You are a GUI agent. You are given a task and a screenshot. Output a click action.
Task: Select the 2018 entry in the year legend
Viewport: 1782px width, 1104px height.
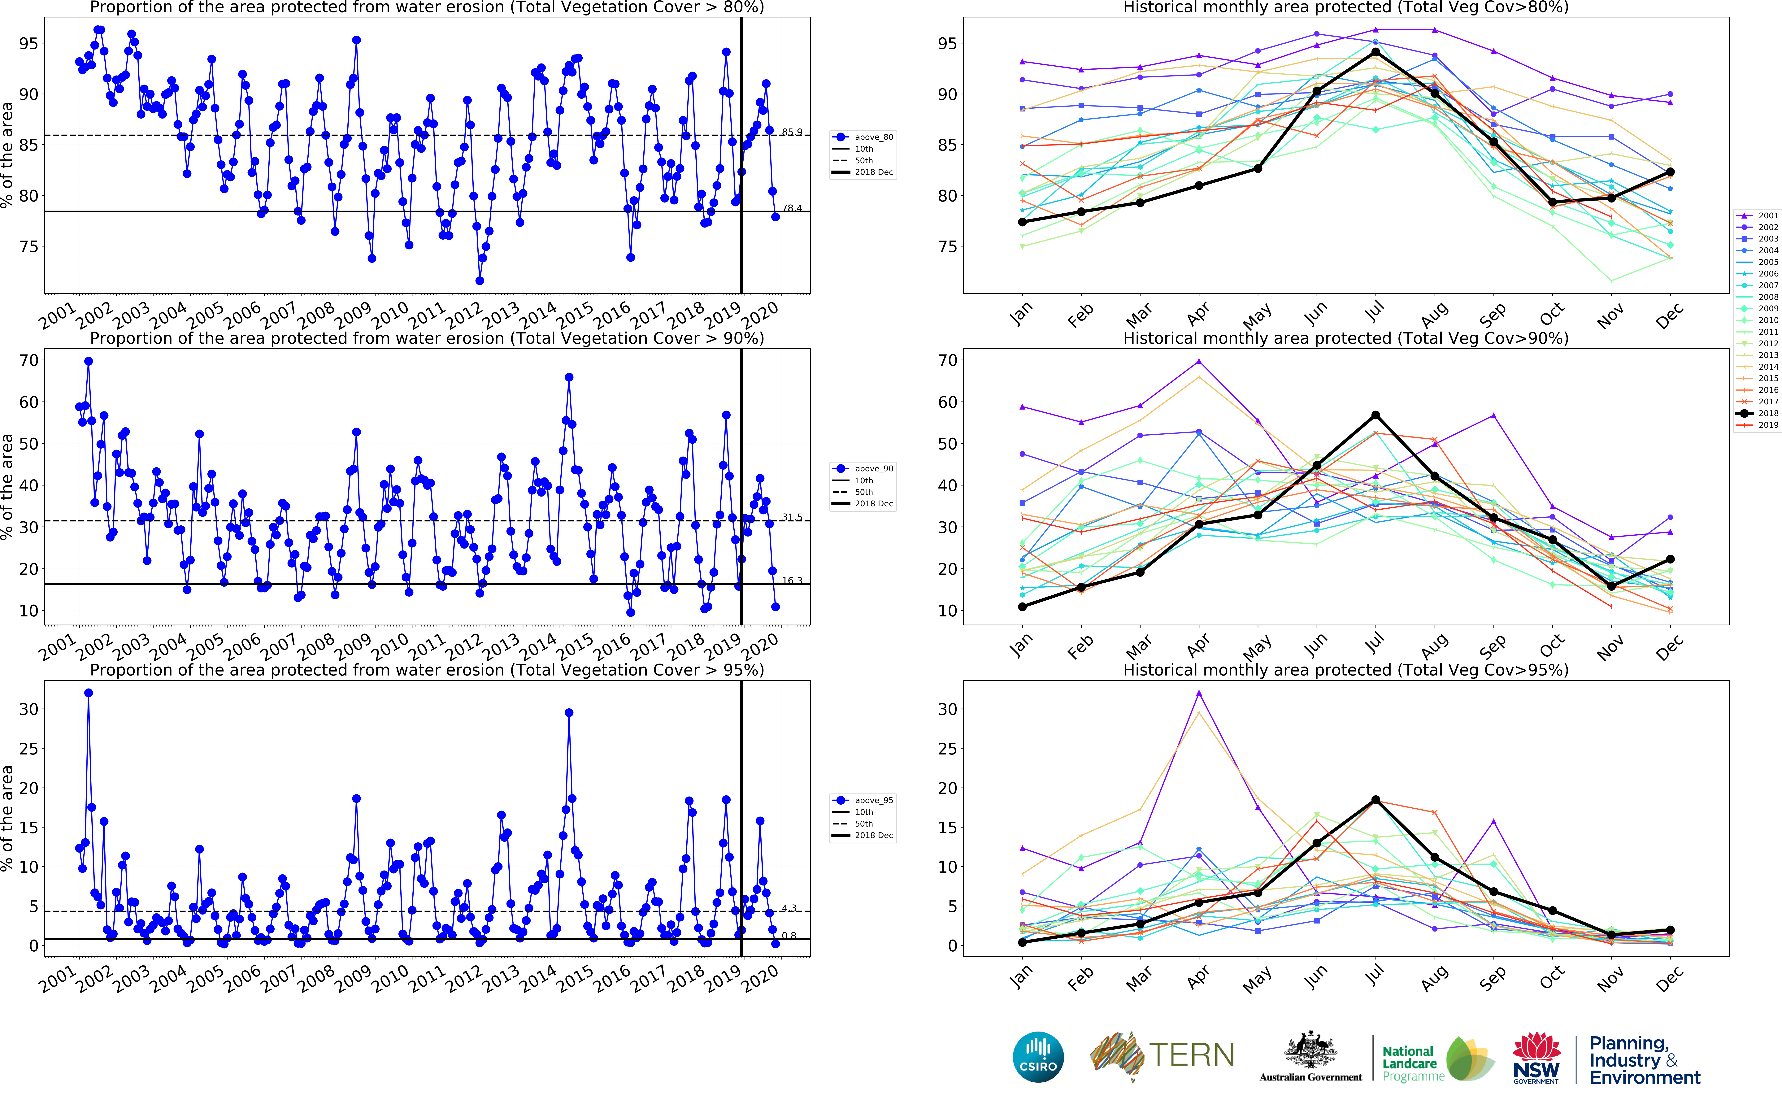click(x=1759, y=413)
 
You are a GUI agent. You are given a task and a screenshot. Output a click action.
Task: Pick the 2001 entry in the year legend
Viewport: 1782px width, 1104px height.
click(x=1759, y=215)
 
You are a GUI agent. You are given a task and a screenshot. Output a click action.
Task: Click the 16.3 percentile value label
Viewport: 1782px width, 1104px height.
click(x=792, y=580)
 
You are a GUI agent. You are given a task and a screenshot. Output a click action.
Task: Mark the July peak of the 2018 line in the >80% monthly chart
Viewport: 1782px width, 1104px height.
click(x=1375, y=52)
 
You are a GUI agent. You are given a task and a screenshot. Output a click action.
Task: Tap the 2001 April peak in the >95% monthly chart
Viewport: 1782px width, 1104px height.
click(x=1199, y=693)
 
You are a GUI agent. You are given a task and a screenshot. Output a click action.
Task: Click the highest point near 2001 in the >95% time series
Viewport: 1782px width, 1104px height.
click(x=88, y=693)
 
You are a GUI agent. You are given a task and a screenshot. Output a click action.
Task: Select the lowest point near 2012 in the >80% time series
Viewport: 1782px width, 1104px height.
click(x=480, y=280)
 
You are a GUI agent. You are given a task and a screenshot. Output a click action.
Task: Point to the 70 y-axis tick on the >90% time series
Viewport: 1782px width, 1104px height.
click(x=29, y=361)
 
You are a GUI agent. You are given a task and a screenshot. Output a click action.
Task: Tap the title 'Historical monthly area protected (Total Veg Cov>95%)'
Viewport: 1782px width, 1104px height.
click(x=1345, y=670)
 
